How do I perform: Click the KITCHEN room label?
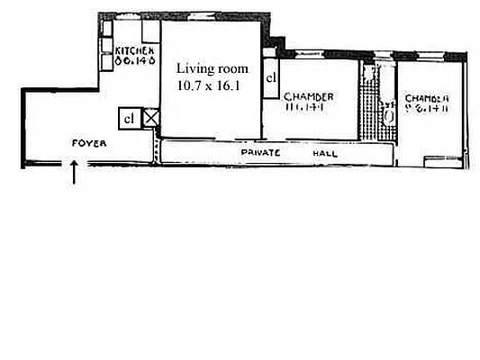pos(136,51)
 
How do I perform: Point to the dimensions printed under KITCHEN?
pos(136,63)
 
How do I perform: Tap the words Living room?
pos(211,68)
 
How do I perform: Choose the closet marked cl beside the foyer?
pos(130,118)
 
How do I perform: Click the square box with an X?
pos(152,117)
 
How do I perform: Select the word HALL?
pos(325,154)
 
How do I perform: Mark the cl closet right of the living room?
pos(271,78)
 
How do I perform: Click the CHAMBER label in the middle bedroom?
pos(309,96)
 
